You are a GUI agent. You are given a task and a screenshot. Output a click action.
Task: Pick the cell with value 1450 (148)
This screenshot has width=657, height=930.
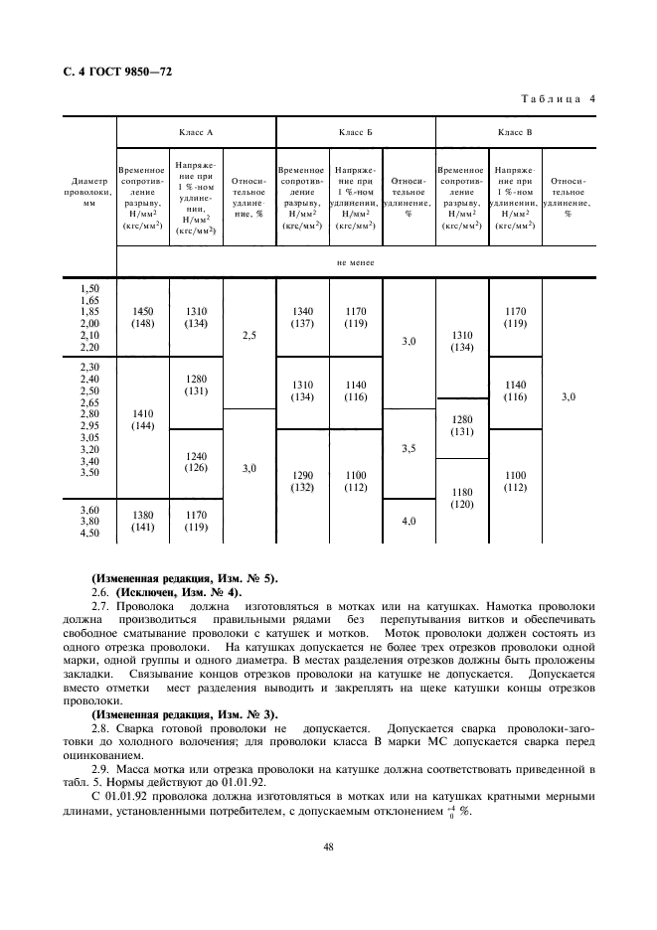point(142,316)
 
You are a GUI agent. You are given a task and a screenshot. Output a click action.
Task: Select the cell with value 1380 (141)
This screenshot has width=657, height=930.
point(142,521)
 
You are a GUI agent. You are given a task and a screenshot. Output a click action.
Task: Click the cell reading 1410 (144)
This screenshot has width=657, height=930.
point(142,423)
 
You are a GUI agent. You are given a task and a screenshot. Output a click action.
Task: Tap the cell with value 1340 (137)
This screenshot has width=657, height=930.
point(301,316)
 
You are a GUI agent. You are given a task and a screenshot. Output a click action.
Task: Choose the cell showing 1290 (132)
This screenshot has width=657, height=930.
point(301,482)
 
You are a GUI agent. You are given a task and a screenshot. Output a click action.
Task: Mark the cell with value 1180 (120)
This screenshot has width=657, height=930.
point(461,497)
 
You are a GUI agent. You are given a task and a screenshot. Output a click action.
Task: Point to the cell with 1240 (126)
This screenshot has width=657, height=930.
point(195,462)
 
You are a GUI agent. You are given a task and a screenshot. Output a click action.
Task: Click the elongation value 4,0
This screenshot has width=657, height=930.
point(409,520)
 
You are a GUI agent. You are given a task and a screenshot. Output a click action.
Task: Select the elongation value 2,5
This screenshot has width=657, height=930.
point(248,336)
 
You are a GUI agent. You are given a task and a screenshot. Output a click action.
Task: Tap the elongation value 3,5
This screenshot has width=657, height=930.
point(409,449)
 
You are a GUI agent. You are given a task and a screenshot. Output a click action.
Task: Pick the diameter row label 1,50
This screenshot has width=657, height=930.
point(88,287)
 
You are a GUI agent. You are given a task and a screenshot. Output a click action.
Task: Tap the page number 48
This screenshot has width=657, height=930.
point(327,846)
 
